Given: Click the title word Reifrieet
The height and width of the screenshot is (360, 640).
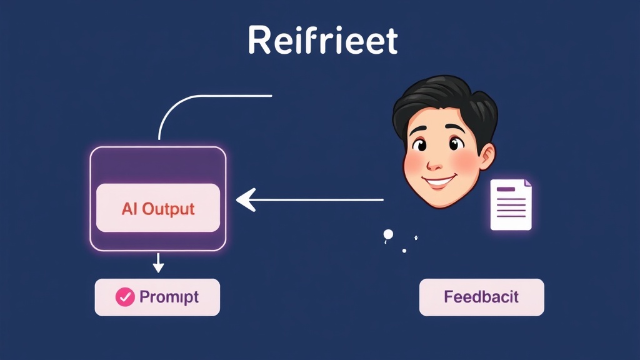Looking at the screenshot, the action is coord(322,40).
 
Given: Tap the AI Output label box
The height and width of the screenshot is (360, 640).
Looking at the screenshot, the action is coord(158,207).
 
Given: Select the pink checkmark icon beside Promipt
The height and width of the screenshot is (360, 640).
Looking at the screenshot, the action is coord(125,297).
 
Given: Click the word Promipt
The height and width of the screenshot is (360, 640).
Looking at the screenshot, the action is coord(169,297).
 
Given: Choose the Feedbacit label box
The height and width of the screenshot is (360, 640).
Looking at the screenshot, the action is coord(482,297).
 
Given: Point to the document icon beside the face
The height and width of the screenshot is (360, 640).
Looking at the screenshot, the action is coord(511,204).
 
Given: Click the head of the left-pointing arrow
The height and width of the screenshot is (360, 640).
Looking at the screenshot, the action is coord(246,199).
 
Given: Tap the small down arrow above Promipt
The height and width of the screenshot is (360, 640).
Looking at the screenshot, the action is coord(158,262).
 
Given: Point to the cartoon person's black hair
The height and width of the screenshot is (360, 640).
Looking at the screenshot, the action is coord(445,100).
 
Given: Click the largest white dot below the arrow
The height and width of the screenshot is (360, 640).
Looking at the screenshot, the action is coord(388,234).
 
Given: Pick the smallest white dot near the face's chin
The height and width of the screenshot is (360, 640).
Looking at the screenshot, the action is coord(404,251).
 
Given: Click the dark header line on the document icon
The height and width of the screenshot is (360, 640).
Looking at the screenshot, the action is coord(506,189).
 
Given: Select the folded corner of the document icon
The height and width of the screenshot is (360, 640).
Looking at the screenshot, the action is coord(527,183).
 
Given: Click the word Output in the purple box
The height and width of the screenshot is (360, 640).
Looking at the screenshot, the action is coord(168,209).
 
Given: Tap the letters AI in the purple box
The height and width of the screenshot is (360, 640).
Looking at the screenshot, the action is coord(129,209).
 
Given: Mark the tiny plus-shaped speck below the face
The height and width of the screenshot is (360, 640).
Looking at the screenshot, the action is coord(416,237).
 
